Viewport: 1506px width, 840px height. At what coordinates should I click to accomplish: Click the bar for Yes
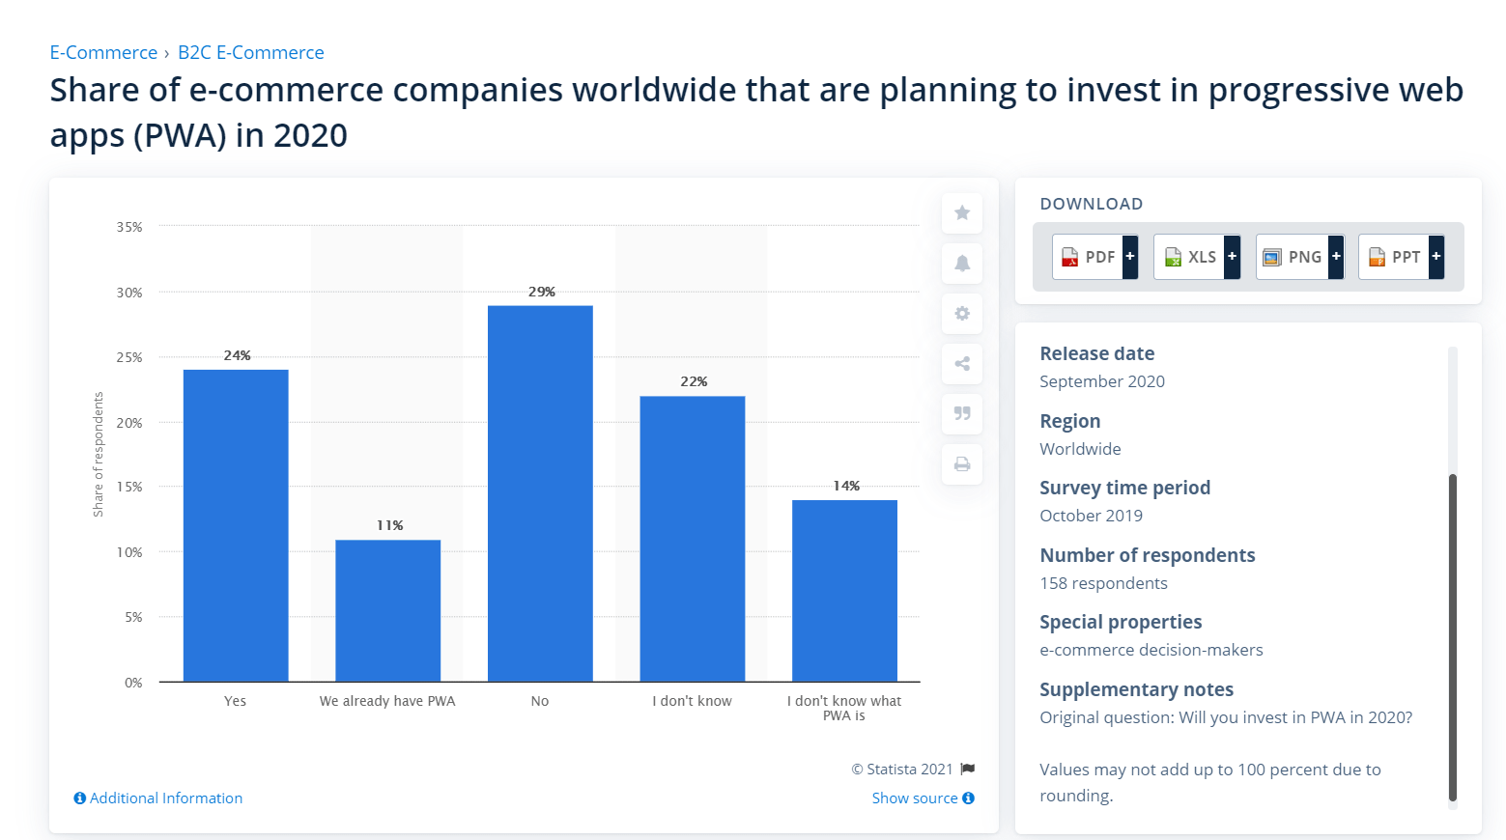(236, 525)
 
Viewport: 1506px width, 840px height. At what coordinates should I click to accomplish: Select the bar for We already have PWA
(388, 611)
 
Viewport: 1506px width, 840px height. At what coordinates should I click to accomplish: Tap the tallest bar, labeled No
(541, 494)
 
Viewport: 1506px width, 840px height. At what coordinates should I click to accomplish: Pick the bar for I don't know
(693, 539)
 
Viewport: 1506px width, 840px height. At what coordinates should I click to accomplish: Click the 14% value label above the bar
(846, 486)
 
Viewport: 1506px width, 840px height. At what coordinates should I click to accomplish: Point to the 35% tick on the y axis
(129, 227)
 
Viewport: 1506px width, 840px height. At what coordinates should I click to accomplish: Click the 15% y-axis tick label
(129, 487)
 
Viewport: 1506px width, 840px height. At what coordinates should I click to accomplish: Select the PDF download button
(1095, 257)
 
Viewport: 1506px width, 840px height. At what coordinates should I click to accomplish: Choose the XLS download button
(1197, 257)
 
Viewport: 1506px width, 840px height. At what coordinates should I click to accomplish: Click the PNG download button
(1300, 257)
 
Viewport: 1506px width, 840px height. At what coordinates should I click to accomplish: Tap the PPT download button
(1401, 257)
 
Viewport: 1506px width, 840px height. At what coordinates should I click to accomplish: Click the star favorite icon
(962, 213)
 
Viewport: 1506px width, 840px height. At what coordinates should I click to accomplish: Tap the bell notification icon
(962, 264)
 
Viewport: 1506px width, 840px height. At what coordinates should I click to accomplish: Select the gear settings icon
(962, 313)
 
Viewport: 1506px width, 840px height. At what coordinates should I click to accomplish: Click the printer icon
(962, 464)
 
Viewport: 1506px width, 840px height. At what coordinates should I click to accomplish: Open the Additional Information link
(158, 798)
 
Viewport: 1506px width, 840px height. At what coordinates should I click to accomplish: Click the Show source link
(923, 798)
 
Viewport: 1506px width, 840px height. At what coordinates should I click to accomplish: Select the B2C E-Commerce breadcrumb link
(251, 52)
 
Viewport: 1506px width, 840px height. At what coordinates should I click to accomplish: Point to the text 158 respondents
(1103, 583)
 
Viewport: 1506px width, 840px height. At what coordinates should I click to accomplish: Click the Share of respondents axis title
(99, 454)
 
